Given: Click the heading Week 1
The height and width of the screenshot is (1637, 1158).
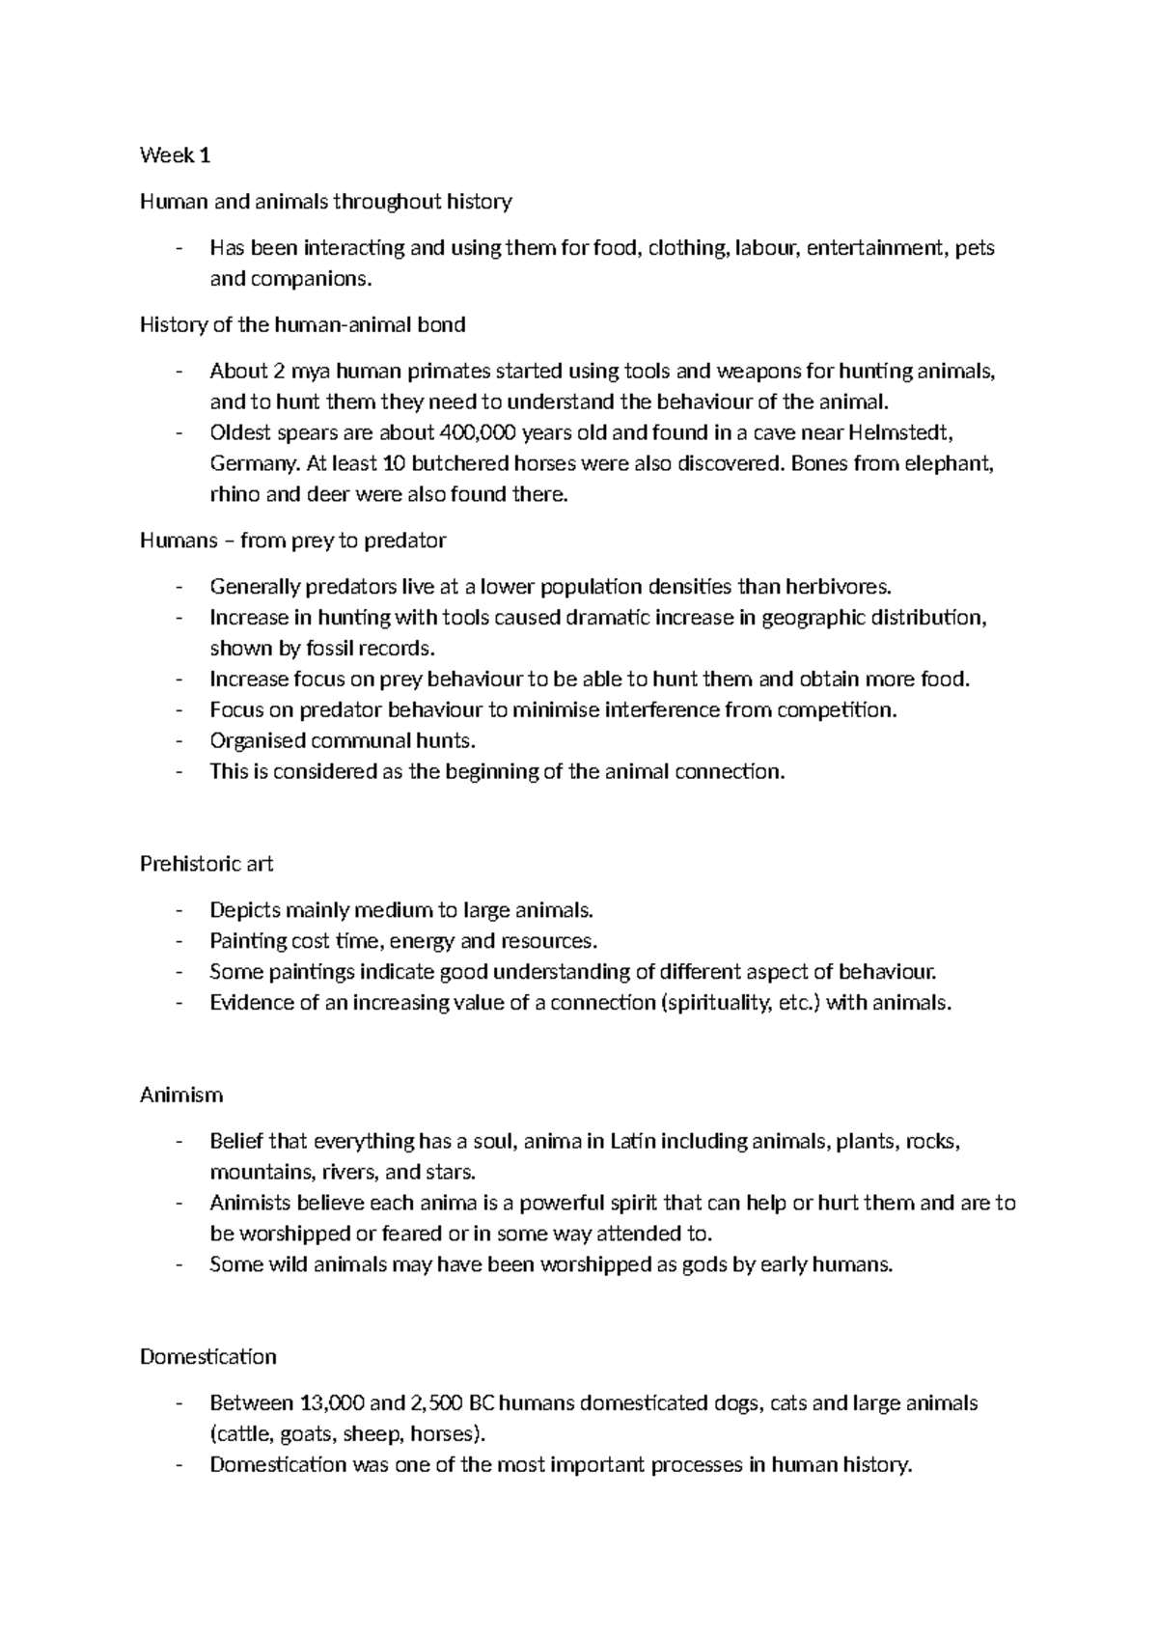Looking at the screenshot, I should pyautogui.click(x=175, y=155).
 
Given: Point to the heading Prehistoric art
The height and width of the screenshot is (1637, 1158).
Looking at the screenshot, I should pyautogui.click(x=207, y=864).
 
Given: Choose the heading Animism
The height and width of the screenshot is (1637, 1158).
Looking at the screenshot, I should pyautogui.click(x=181, y=1095).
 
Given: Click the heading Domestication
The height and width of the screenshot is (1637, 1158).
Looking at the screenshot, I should pyautogui.click(x=207, y=1357).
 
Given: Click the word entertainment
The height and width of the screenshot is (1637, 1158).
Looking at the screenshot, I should pyautogui.click(x=876, y=248).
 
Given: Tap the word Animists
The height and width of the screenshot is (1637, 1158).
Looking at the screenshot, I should pyautogui.click(x=250, y=1204).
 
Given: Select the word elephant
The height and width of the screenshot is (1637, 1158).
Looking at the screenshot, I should pyautogui.click(x=950, y=463).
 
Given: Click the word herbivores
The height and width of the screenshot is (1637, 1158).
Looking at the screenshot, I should pyautogui.click(x=838, y=587).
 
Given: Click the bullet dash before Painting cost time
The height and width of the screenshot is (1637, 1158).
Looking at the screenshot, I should pyautogui.click(x=179, y=941).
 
